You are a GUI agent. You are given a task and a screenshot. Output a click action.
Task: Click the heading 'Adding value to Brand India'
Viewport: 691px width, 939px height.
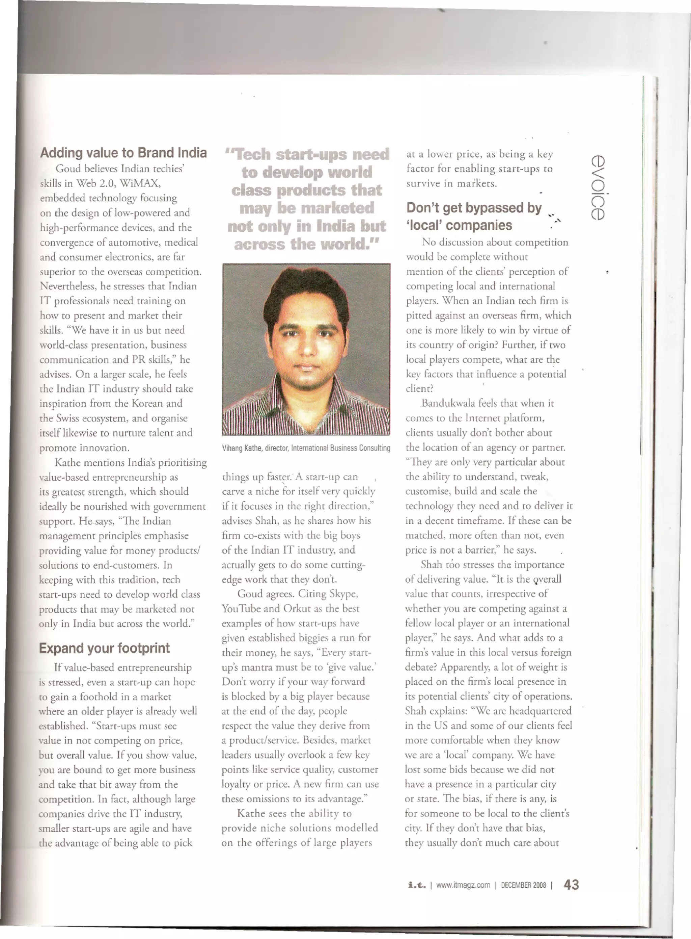tap(123, 153)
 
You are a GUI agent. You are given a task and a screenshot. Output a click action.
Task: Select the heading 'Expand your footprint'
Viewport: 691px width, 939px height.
tap(104, 648)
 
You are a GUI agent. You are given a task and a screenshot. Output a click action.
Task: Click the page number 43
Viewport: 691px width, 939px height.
tap(571, 885)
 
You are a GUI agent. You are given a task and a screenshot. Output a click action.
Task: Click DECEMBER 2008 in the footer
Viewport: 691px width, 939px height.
tap(523, 885)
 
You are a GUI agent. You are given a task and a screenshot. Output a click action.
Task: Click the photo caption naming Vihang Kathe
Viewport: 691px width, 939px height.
tap(306, 448)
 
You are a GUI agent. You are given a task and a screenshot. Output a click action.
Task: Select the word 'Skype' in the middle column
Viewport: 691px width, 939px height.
tap(343, 593)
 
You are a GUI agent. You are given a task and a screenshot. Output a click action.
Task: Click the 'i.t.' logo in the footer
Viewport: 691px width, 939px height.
tap(417, 885)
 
